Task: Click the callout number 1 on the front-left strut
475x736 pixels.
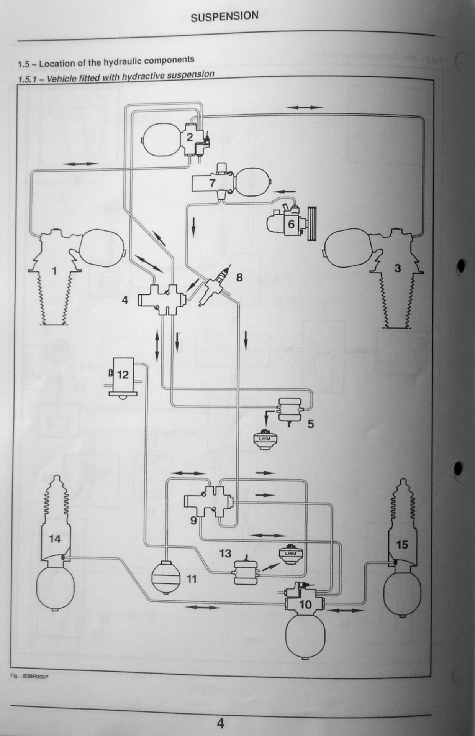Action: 54,271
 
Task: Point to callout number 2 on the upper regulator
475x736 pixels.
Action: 190,137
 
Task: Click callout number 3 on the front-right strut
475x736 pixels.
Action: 398,268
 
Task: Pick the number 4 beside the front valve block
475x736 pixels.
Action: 125,300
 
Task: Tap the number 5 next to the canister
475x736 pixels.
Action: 311,424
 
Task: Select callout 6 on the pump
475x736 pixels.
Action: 291,223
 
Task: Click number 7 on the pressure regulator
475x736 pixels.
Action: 213,183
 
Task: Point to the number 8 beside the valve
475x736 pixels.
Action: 239,277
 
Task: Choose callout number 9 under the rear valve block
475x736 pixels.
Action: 193,520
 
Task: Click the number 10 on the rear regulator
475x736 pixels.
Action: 305,604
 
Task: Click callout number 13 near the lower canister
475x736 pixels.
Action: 225,553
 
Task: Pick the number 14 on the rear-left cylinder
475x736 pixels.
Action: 55,539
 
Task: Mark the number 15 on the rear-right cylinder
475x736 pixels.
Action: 402,544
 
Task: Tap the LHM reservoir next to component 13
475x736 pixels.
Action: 291,554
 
